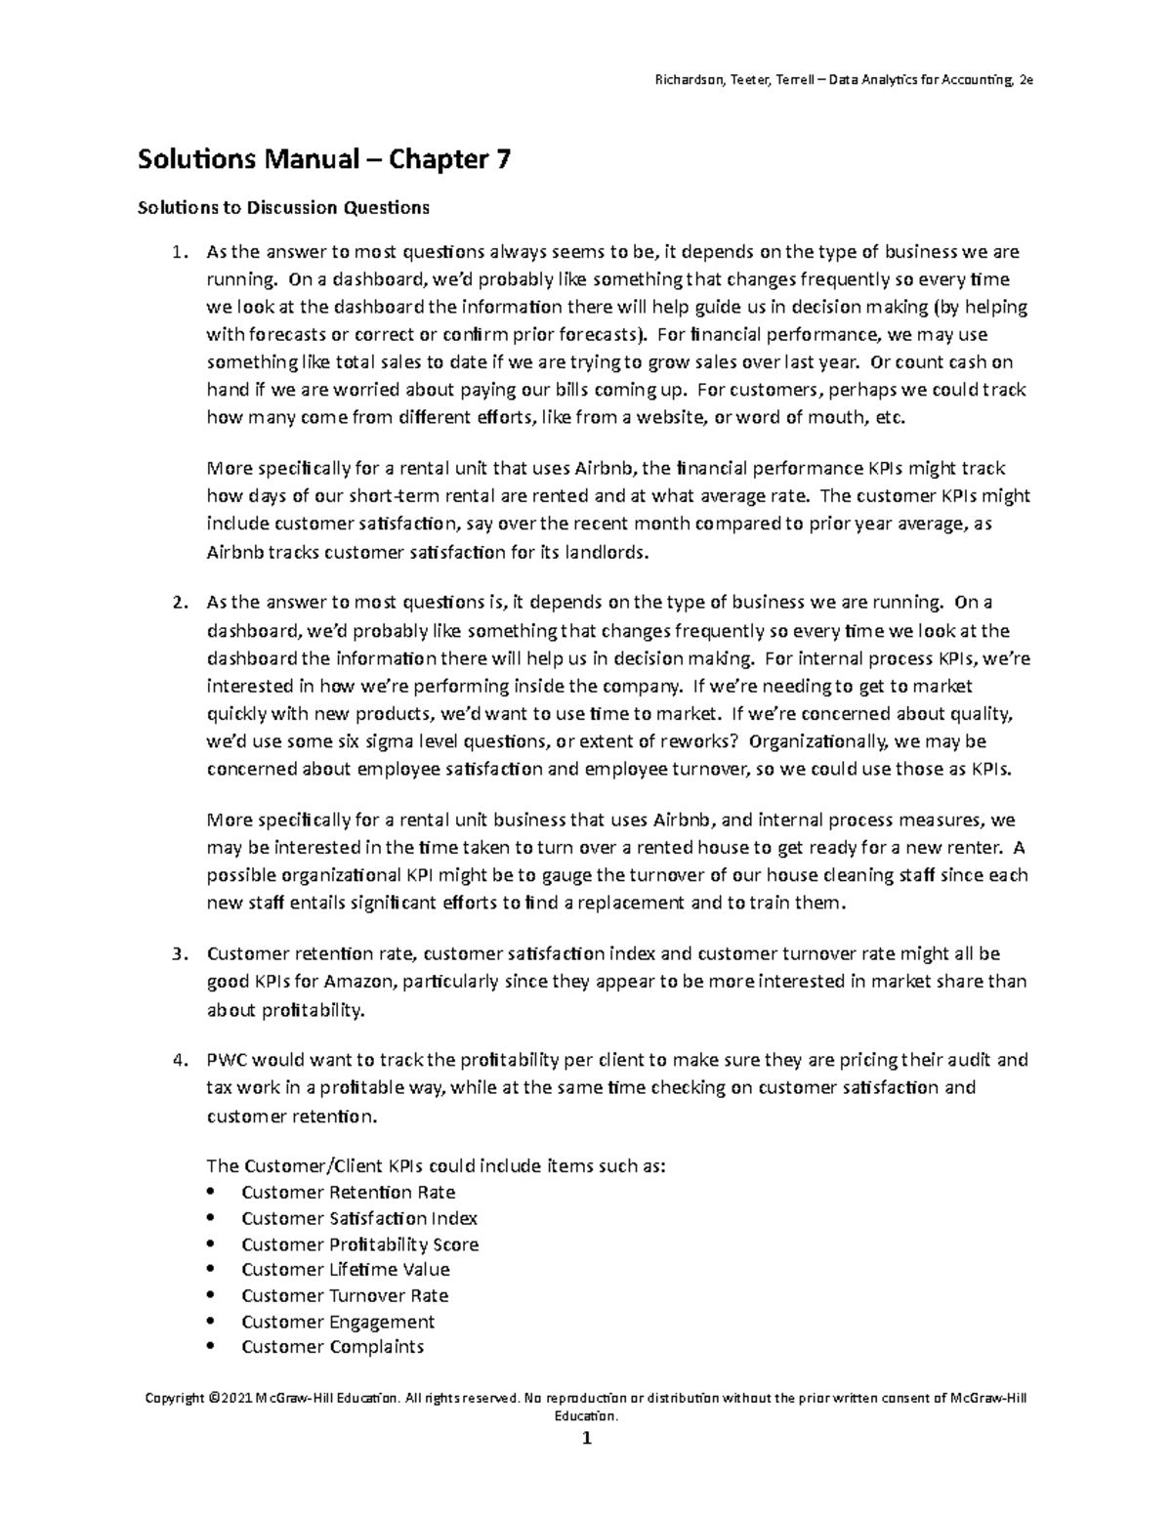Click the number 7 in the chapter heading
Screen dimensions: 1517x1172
(501, 159)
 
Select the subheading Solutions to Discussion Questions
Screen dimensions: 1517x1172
(283, 207)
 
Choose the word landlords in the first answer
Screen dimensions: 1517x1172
(607, 552)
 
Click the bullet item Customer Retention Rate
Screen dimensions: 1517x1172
(348, 1193)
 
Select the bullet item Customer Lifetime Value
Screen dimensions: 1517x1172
(345, 1270)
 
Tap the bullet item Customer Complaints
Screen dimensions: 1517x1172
(332, 1347)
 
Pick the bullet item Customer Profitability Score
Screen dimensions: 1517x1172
(359, 1244)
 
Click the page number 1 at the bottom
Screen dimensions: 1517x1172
(586, 1439)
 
